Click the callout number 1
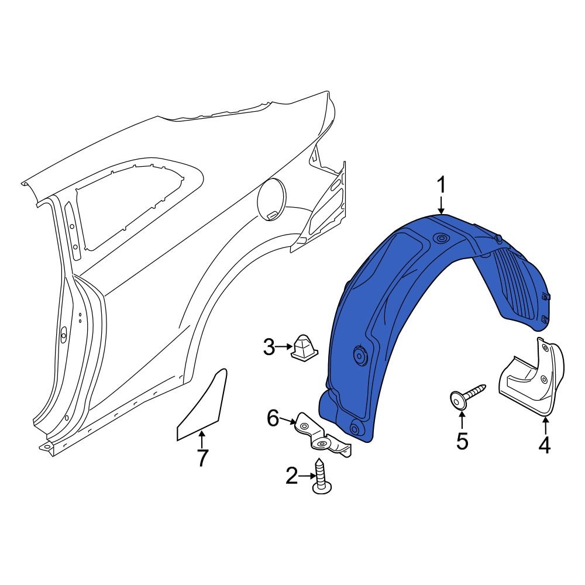(442, 185)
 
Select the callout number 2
(291, 477)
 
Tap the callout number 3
(269, 347)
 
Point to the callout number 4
(544, 446)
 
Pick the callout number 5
(462, 441)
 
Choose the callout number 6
(273, 418)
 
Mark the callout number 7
(202, 458)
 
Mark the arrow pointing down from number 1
(442, 205)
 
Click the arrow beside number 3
(284, 347)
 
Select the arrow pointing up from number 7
(202, 438)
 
